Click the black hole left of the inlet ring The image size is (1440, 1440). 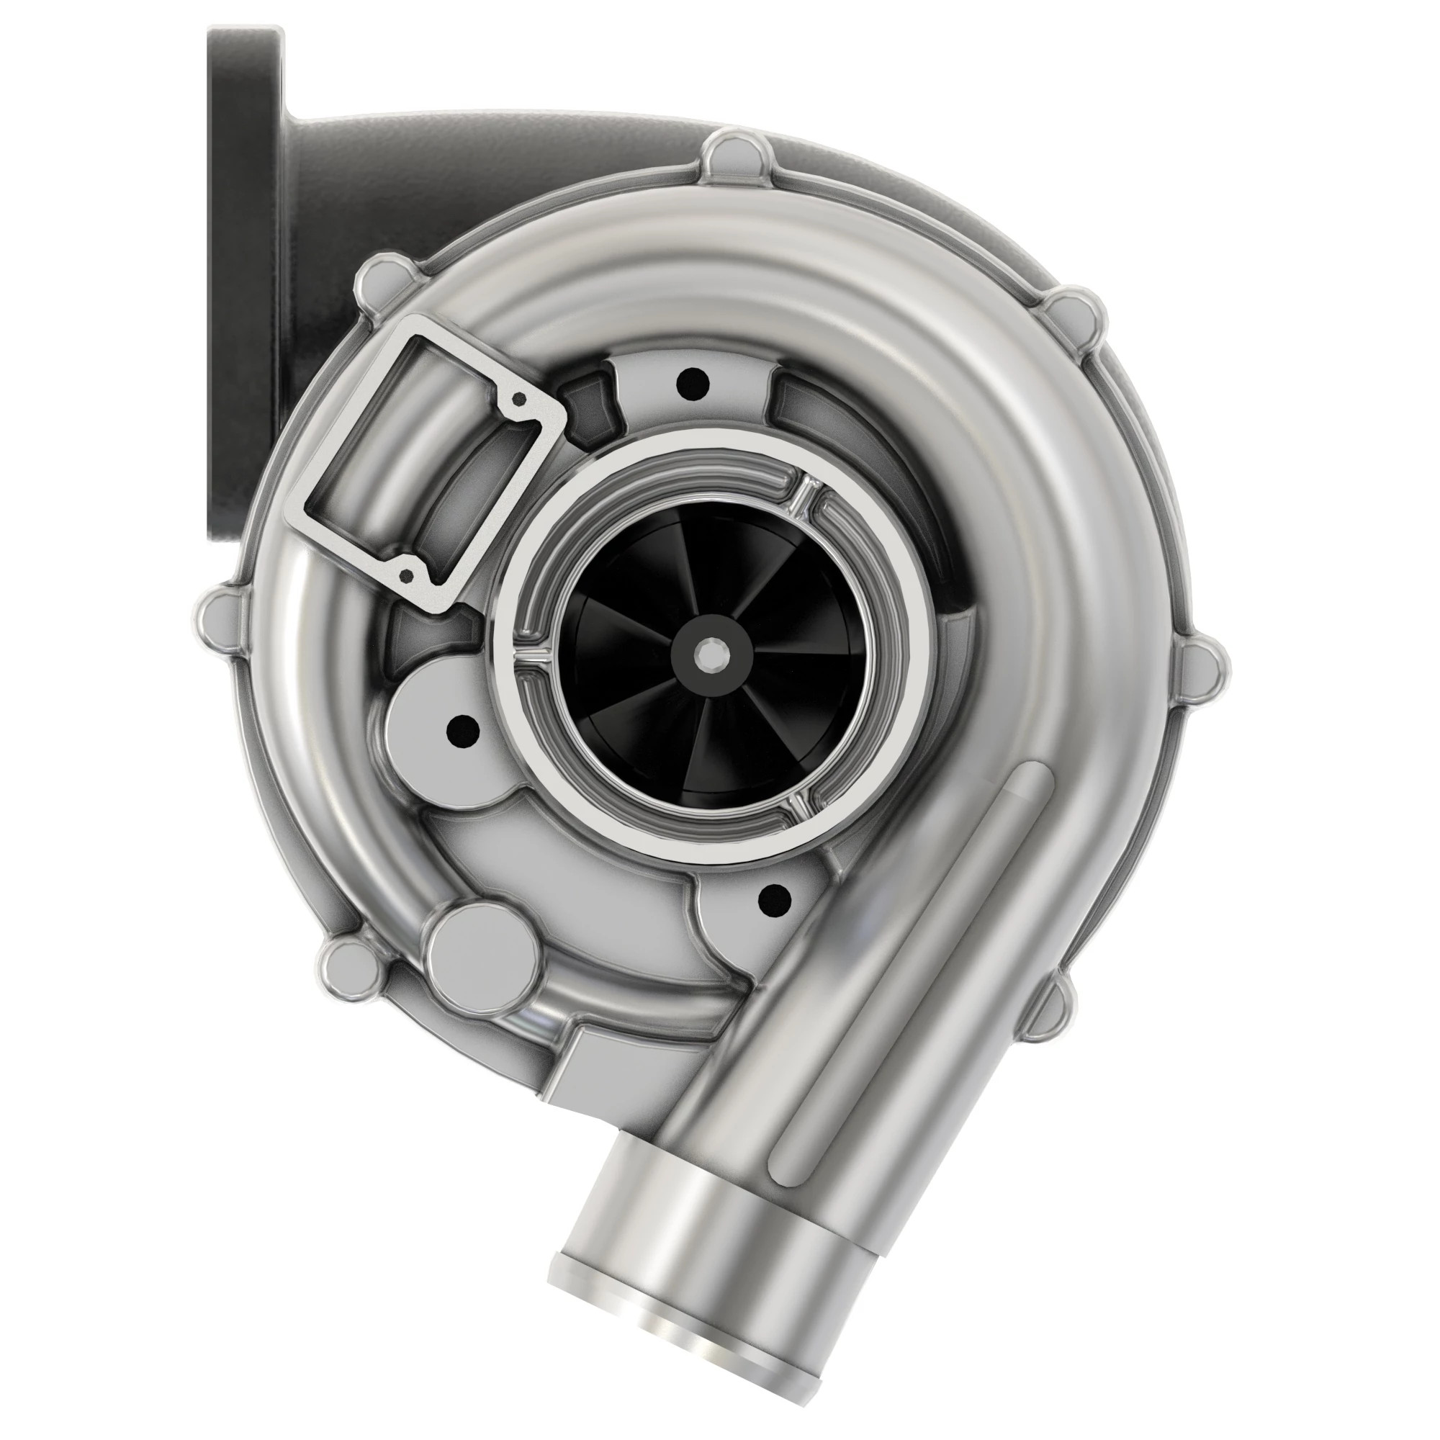(x=463, y=729)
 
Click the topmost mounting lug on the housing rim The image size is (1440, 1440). (x=729, y=155)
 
